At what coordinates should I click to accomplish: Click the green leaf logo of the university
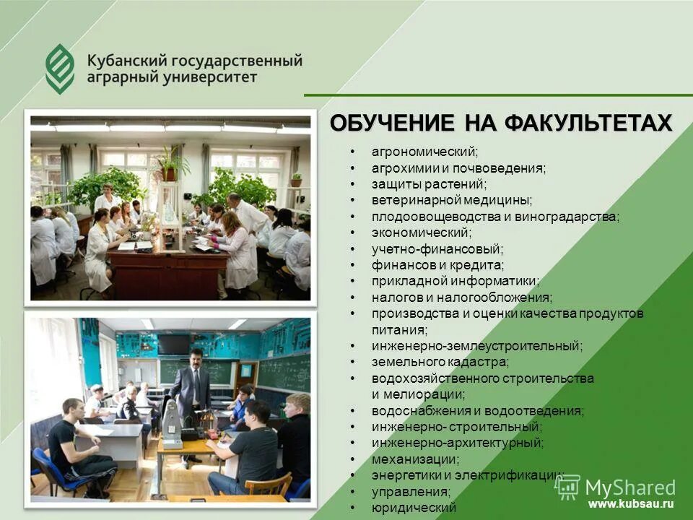[60, 68]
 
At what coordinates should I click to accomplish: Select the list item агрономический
[424, 152]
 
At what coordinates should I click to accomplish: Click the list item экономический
[421, 233]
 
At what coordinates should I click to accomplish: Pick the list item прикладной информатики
[455, 281]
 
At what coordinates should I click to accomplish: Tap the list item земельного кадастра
[440, 362]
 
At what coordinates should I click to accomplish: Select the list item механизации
[415, 459]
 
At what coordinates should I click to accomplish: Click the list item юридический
[414, 508]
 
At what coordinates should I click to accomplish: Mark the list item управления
[411, 491]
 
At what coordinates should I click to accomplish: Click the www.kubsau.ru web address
[630, 504]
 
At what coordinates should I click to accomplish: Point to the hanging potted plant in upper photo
[170, 165]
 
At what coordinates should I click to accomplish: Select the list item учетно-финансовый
[437, 248]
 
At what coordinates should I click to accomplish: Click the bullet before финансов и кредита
[352, 265]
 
